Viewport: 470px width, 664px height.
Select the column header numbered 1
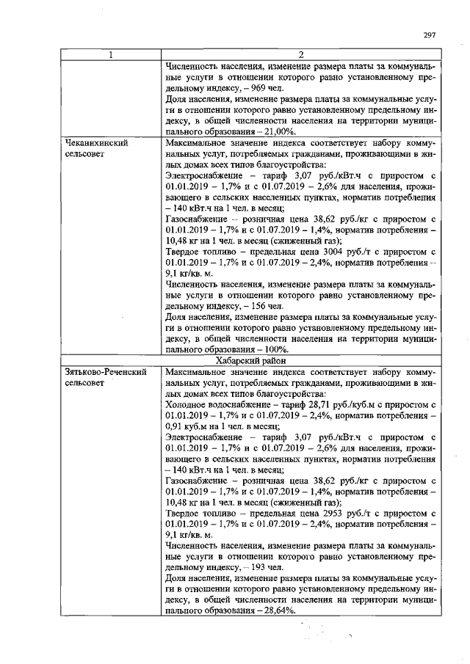pos(110,56)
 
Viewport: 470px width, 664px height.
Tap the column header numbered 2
pos(300,56)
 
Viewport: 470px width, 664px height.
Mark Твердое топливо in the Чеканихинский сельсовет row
pos(198,251)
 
